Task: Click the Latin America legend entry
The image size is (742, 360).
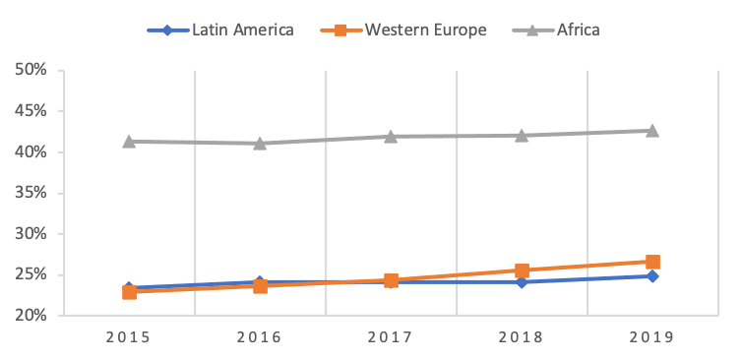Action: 220,30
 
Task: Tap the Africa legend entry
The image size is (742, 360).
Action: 557,30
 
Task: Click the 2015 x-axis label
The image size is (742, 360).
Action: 129,337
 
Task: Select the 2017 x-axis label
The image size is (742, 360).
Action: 391,337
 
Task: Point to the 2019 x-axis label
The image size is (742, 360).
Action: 652,337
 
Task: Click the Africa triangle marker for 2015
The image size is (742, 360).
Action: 129,141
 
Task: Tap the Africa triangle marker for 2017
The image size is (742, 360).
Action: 391,136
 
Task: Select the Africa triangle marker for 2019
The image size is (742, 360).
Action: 652,130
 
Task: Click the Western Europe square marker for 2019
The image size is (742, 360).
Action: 652,262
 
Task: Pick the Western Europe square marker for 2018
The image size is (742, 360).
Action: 522,270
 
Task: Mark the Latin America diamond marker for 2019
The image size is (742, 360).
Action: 652,276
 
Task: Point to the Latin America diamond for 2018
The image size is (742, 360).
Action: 522,281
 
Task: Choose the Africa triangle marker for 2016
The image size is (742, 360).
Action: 260,143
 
